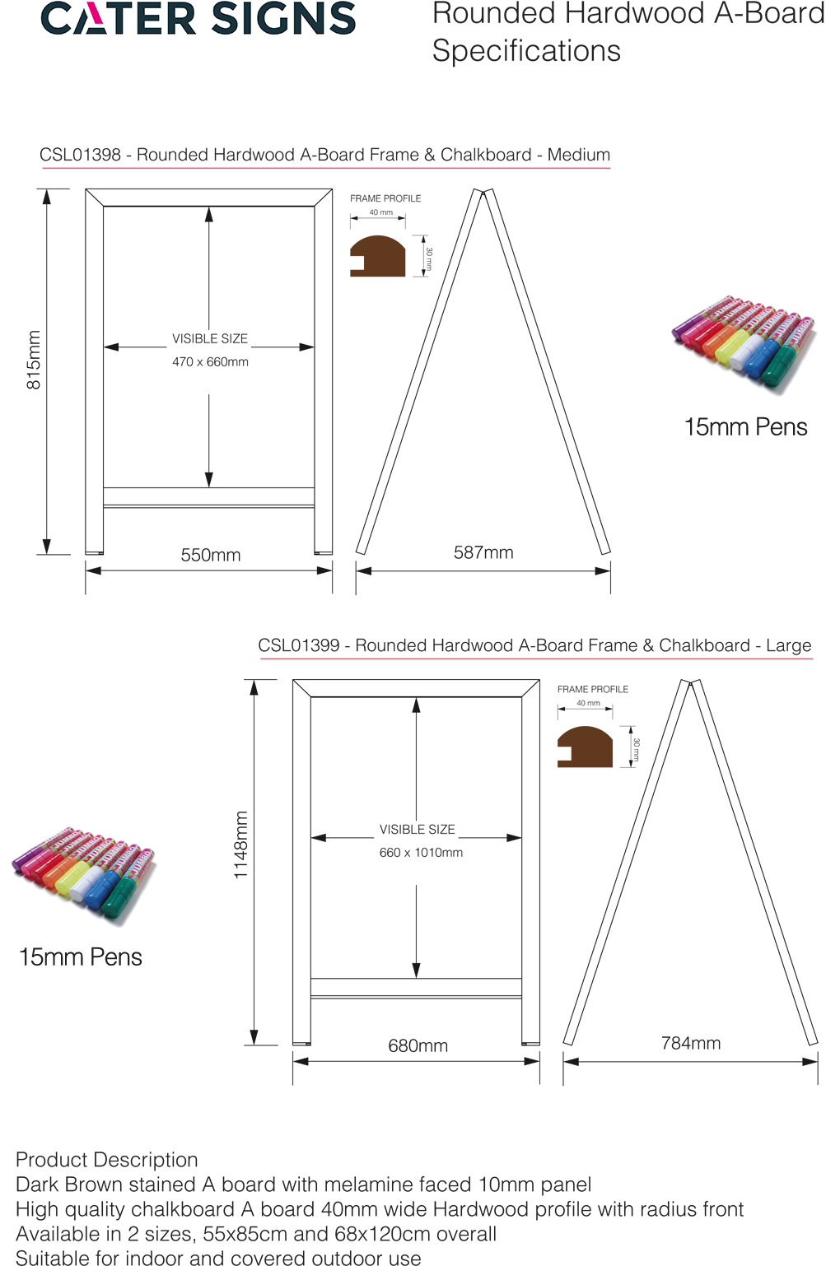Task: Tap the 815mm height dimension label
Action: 34,361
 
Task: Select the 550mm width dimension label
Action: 211,556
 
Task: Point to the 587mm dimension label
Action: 483,553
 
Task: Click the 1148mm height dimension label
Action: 240,845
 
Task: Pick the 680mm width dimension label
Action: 418,1046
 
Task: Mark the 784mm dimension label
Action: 691,1044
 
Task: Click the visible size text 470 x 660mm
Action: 210,362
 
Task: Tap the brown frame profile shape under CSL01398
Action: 379,257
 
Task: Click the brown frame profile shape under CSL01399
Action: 586,747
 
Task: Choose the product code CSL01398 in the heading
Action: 80,156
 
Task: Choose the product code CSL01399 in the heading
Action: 299,646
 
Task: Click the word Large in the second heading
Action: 788,646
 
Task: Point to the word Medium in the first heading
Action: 579,156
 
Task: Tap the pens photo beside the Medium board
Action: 743,342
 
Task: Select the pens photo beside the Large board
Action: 83,874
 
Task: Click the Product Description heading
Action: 107,1161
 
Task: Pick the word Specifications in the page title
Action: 527,52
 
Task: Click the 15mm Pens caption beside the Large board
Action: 81,957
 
